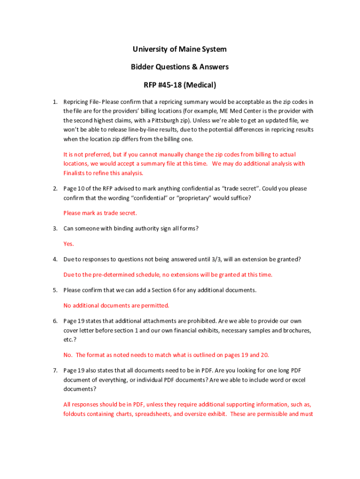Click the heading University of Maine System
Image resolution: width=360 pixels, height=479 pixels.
180,50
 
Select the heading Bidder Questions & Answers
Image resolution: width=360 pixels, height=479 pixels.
180,67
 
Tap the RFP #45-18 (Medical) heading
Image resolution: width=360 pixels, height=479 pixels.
180,85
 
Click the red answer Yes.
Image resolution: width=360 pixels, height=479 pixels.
69,244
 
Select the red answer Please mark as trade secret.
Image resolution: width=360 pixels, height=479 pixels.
100,213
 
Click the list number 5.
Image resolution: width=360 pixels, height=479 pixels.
55,290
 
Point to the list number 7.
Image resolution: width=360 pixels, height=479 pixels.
55,370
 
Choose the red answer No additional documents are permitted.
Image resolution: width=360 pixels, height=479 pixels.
116,306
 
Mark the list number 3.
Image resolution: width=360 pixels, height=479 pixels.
55,228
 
